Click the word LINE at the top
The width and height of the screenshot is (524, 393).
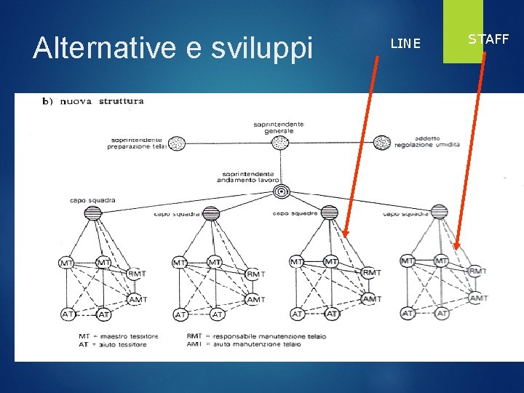pos(405,44)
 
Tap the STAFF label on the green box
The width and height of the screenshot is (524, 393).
pos(488,39)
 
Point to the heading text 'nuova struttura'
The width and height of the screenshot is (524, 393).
pos(102,101)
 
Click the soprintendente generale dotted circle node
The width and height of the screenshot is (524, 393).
pos(280,143)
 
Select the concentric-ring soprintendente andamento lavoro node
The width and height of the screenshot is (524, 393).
pos(280,191)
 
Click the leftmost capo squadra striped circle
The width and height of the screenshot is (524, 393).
pos(93,213)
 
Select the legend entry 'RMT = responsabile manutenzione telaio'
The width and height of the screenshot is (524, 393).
pos(256,336)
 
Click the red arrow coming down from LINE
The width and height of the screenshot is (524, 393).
pos(362,146)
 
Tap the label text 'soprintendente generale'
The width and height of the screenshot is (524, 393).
pos(279,127)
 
